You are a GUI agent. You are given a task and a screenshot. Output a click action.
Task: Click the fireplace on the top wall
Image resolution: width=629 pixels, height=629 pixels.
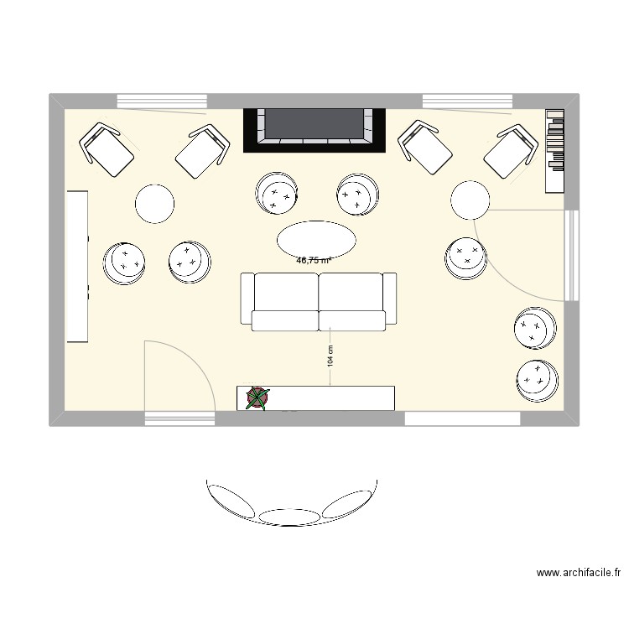pos(315,129)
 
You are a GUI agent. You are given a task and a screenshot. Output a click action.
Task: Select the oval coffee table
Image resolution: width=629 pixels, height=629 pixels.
pos(315,240)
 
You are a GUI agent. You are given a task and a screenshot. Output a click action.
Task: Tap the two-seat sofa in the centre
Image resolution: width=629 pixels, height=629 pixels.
pos(319,299)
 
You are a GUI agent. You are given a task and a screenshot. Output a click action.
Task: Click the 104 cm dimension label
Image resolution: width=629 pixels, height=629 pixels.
pos(330,356)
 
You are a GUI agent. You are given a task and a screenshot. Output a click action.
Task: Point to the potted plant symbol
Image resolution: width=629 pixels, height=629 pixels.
pos(258,398)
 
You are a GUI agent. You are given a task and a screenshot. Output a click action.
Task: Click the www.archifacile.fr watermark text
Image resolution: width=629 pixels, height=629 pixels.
pos(579,574)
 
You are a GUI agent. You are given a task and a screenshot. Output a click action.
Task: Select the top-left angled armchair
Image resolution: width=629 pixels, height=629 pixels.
pos(108,149)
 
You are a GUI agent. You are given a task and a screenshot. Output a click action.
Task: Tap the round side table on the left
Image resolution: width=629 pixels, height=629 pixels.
pos(155,204)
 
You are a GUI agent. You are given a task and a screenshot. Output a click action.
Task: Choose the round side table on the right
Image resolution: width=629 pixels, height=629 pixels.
pos(470,200)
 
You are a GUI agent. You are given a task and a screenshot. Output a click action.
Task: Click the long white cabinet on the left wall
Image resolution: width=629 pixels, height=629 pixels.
pos(77,266)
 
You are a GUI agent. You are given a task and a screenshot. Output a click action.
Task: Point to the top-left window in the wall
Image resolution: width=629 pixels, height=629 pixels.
pos(161,101)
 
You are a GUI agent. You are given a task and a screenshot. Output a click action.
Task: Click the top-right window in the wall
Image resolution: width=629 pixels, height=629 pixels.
pos(467,101)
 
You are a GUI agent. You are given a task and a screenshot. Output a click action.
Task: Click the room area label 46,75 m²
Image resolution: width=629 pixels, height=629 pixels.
pos(314,260)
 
